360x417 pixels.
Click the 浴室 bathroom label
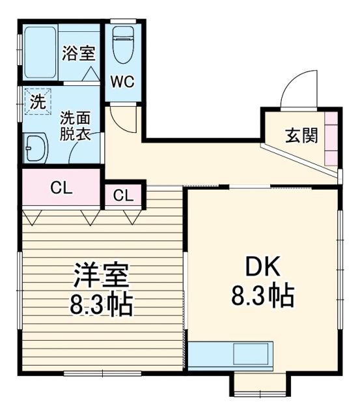point(78,53)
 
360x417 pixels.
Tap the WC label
point(122,83)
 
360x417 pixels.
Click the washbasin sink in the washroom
point(35,149)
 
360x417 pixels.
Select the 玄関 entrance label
point(301,136)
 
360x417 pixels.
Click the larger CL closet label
point(61,188)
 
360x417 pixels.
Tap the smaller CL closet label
point(123,195)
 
